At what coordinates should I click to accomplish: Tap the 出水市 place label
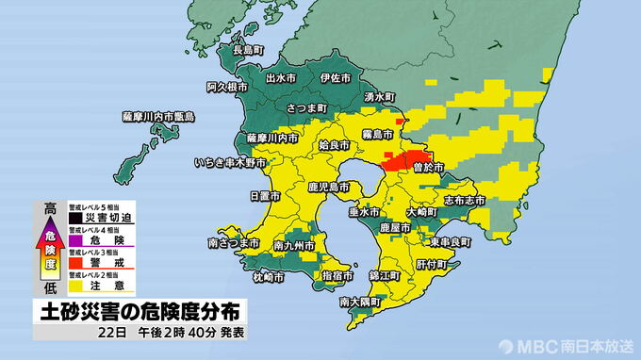coord(284,78)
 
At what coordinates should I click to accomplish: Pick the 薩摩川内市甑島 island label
coord(158,116)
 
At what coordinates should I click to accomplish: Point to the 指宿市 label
coord(337,275)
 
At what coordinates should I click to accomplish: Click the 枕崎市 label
coord(269,277)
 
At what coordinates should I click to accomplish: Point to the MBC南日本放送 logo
coord(566,345)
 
